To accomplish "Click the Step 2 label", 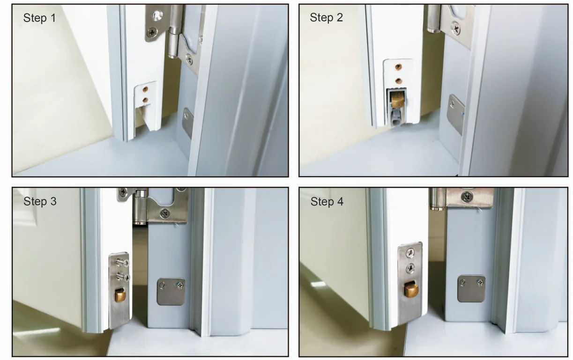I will (x=326, y=18).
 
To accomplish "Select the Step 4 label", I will (x=327, y=202).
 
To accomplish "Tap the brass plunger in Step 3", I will (x=120, y=295).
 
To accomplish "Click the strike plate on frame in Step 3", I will (x=171, y=292).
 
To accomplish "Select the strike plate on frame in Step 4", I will (x=471, y=288).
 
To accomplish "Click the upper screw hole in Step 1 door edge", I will (x=146, y=88).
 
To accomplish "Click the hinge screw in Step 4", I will (x=467, y=196).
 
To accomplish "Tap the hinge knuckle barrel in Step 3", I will (x=140, y=208).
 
